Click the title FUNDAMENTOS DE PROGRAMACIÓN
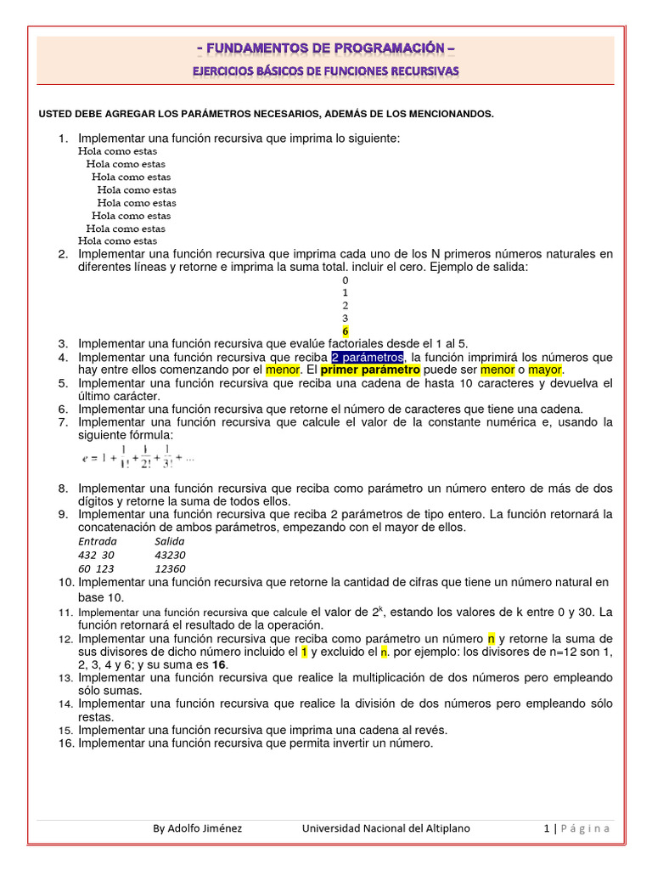tap(326, 48)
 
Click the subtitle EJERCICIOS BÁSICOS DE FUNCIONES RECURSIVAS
tap(326, 71)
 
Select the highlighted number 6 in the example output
tap(345, 330)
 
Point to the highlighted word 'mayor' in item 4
tap(545, 370)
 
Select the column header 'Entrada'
tap(98, 540)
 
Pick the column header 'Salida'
tap(170, 540)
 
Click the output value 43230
tap(171, 554)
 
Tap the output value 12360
tap(171, 568)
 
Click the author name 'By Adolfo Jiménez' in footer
tap(197, 828)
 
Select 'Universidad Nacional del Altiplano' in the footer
tap(385, 828)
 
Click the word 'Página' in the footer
tap(585, 828)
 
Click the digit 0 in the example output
tap(345, 280)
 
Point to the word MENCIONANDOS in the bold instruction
tap(450, 114)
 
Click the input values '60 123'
tap(96, 568)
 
